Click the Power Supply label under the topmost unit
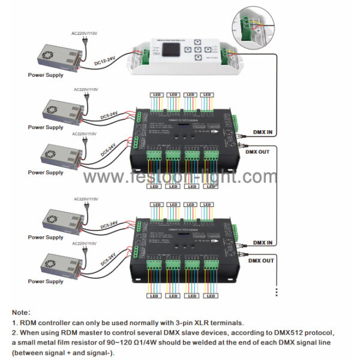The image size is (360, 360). (x=46, y=76)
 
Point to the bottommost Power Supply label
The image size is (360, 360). (x=46, y=281)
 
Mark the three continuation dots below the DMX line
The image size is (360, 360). (x=276, y=291)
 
